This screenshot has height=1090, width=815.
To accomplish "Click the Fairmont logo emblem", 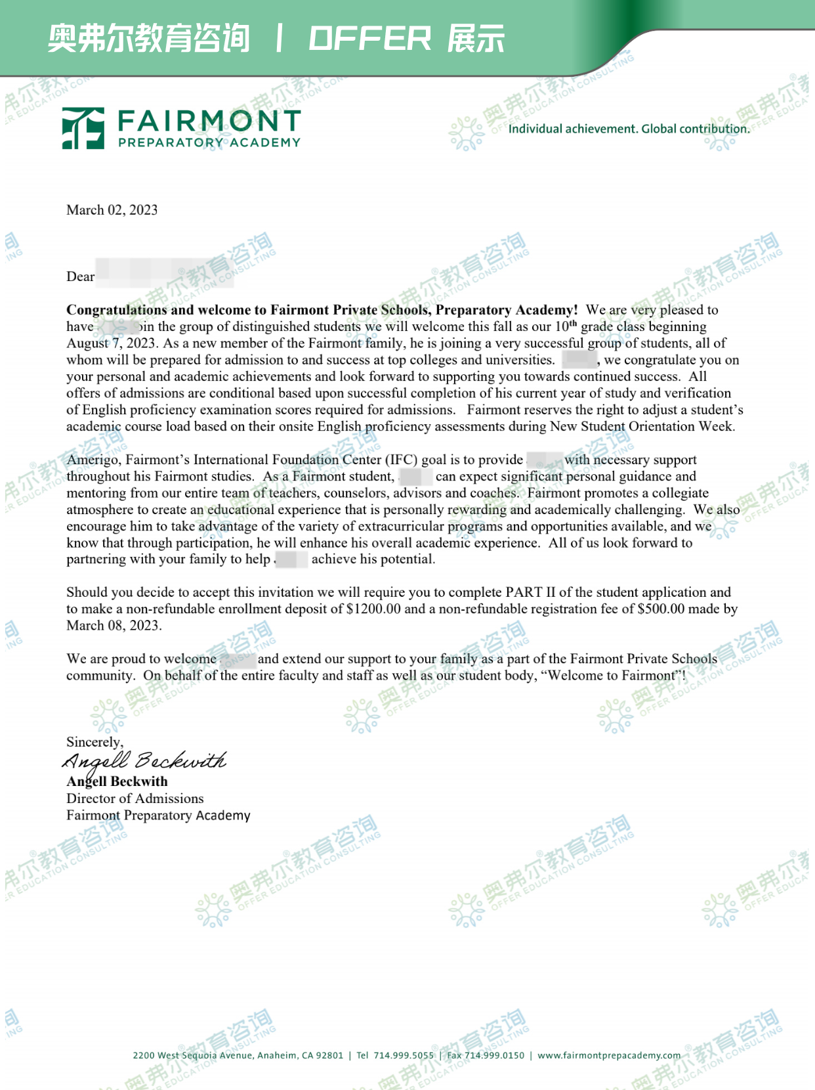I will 83,128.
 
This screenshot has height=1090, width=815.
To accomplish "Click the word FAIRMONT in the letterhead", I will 209,121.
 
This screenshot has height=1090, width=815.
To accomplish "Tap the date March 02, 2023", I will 112,210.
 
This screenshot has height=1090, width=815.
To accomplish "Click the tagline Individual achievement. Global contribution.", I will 629,129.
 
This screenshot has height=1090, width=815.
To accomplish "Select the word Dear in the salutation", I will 80,277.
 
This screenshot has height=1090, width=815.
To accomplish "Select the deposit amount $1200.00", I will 373,609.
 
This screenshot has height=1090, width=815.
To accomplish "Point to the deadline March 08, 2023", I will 113,625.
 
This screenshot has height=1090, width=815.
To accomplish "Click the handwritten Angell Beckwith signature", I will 144,760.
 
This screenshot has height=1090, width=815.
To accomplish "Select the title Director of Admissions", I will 135,798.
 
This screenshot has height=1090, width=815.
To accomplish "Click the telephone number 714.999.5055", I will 404,1055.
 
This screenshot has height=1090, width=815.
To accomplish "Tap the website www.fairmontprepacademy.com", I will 609,1055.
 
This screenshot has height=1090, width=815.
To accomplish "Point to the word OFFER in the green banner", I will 369,39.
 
